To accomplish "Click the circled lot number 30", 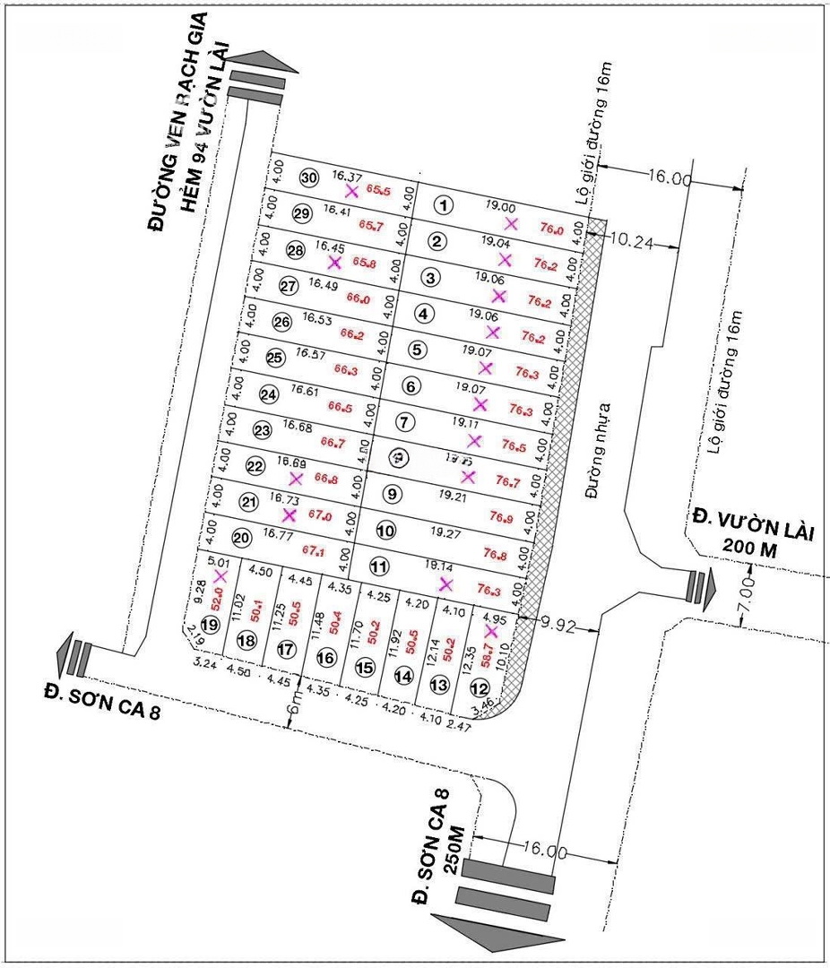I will tap(309, 177).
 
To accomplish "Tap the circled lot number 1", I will tap(445, 205).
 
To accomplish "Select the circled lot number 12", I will tap(480, 688).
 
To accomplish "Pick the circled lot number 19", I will tap(211, 624).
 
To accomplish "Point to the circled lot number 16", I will tap(325, 658).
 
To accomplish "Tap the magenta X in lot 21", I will tap(289, 514).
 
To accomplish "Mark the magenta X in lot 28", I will tap(334, 263).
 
